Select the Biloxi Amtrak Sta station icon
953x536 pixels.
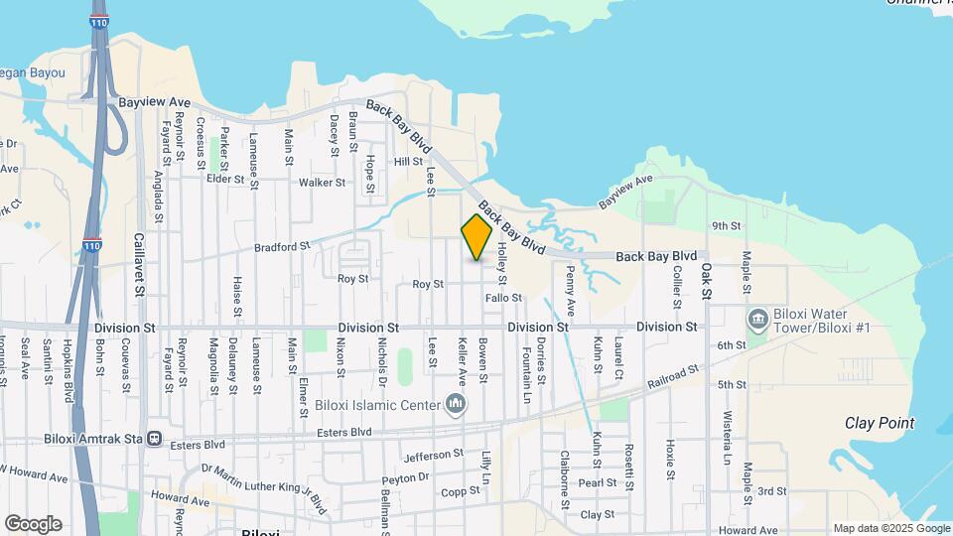point(154,438)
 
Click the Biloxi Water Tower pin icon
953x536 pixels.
point(757,319)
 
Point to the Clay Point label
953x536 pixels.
point(880,423)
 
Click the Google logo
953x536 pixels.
point(33,524)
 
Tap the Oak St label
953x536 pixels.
point(706,280)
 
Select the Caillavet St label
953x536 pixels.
point(139,266)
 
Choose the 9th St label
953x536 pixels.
point(727,226)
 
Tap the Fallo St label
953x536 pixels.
point(503,298)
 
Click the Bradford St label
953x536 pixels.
point(282,246)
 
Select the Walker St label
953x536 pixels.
point(322,183)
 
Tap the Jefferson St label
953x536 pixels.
point(434,456)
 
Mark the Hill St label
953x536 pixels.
point(408,162)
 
